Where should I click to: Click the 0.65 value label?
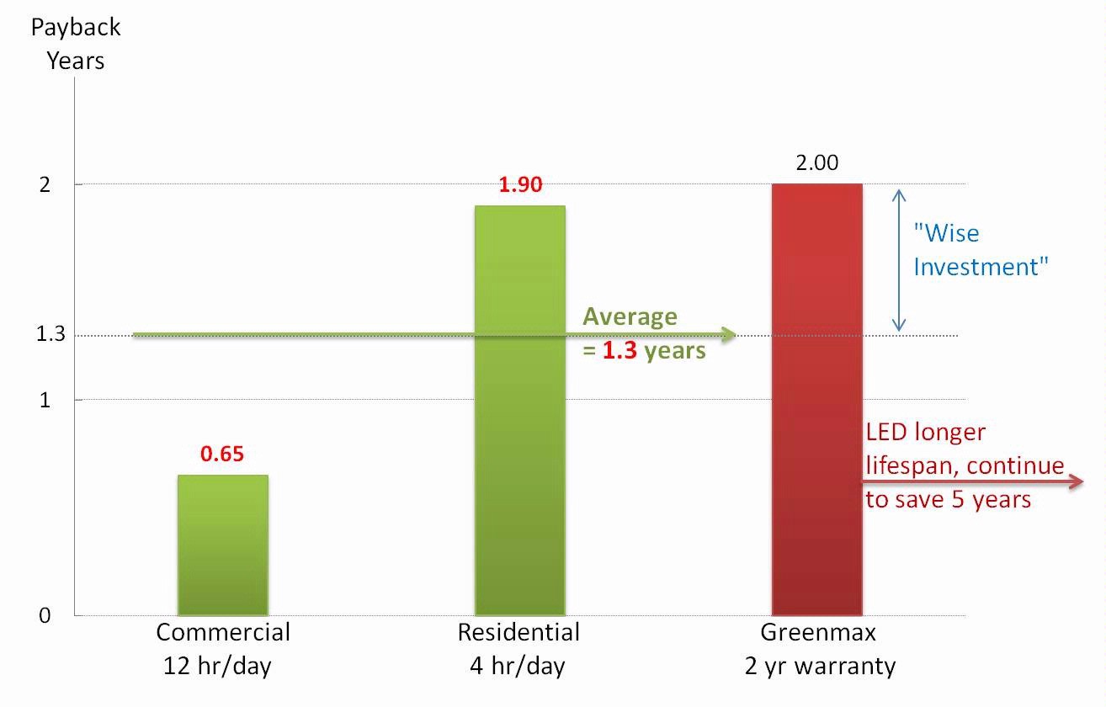point(222,454)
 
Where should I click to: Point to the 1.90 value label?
point(520,185)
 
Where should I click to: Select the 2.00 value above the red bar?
point(817,163)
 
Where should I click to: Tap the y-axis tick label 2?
point(45,184)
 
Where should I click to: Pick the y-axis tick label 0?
point(45,616)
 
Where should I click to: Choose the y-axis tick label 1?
point(45,401)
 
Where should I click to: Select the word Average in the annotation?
point(630,316)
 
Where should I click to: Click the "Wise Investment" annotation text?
point(981,250)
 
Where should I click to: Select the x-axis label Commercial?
point(223,633)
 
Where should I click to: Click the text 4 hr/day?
point(518,667)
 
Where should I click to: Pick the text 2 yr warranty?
point(821,667)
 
